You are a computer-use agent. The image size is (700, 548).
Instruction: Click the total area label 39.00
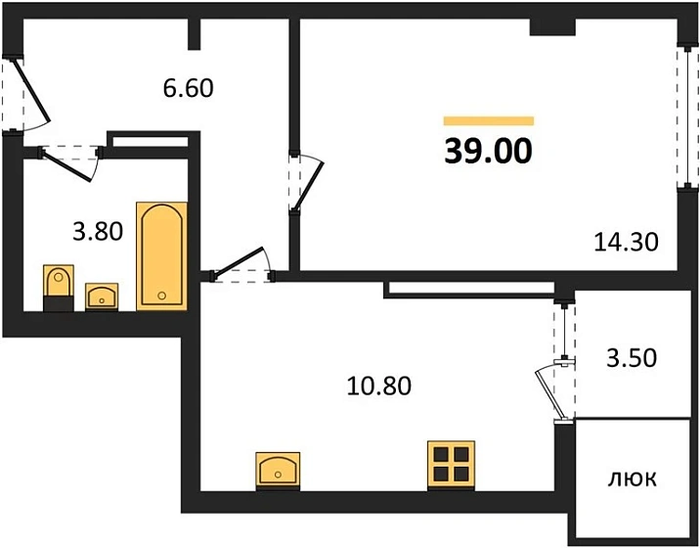point(489,151)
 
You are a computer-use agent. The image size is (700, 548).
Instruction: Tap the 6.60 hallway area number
point(188,88)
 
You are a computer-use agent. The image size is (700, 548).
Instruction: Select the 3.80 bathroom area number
point(98,232)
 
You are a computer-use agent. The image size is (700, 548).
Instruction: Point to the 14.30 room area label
point(626,242)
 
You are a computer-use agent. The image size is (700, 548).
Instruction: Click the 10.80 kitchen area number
point(378,386)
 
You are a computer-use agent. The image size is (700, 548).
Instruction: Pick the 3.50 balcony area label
point(632,357)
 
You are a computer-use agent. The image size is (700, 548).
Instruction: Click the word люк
point(633,479)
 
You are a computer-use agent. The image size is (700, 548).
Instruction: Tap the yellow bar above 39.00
point(489,120)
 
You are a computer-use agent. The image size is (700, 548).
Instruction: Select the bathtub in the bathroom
point(161,255)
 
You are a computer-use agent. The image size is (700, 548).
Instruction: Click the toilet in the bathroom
point(59,288)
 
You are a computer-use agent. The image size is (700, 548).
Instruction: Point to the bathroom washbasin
point(102,296)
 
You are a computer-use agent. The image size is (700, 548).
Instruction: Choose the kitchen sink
point(278,471)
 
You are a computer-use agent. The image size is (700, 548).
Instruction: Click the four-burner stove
point(451,464)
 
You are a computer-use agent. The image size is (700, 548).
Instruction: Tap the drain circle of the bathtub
point(161,295)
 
